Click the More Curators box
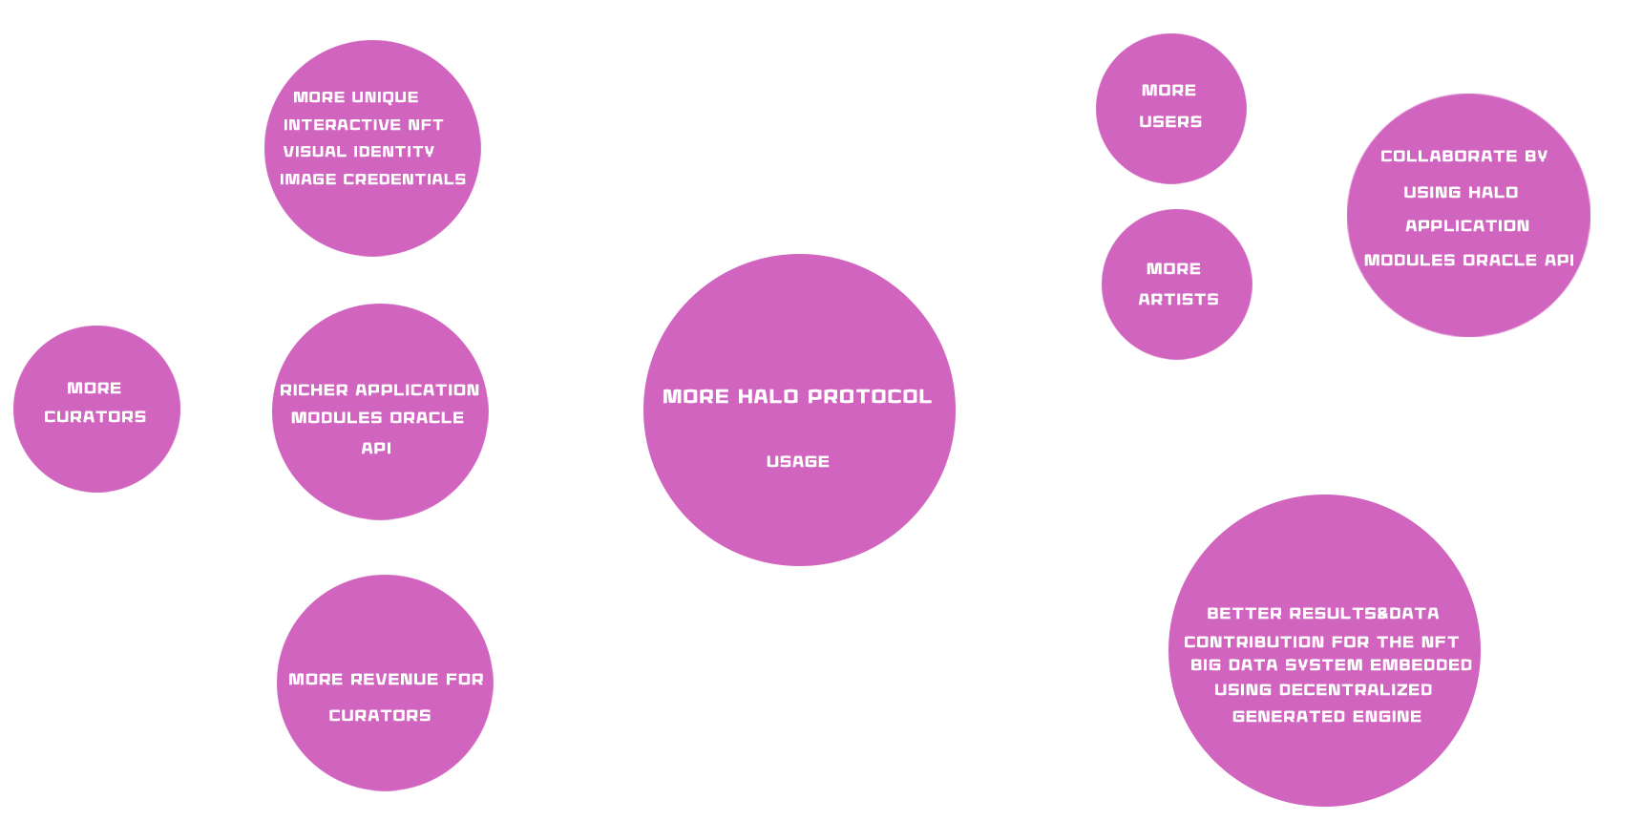[96, 409]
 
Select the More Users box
[1170, 108]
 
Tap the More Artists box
[1176, 284]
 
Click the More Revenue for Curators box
[385, 683]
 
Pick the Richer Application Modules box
[380, 411]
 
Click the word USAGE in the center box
[797, 462]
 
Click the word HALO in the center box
[768, 397]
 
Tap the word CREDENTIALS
[404, 179]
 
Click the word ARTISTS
[1178, 300]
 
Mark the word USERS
[1170, 122]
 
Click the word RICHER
[314, 390]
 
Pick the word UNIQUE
[385, 97]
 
